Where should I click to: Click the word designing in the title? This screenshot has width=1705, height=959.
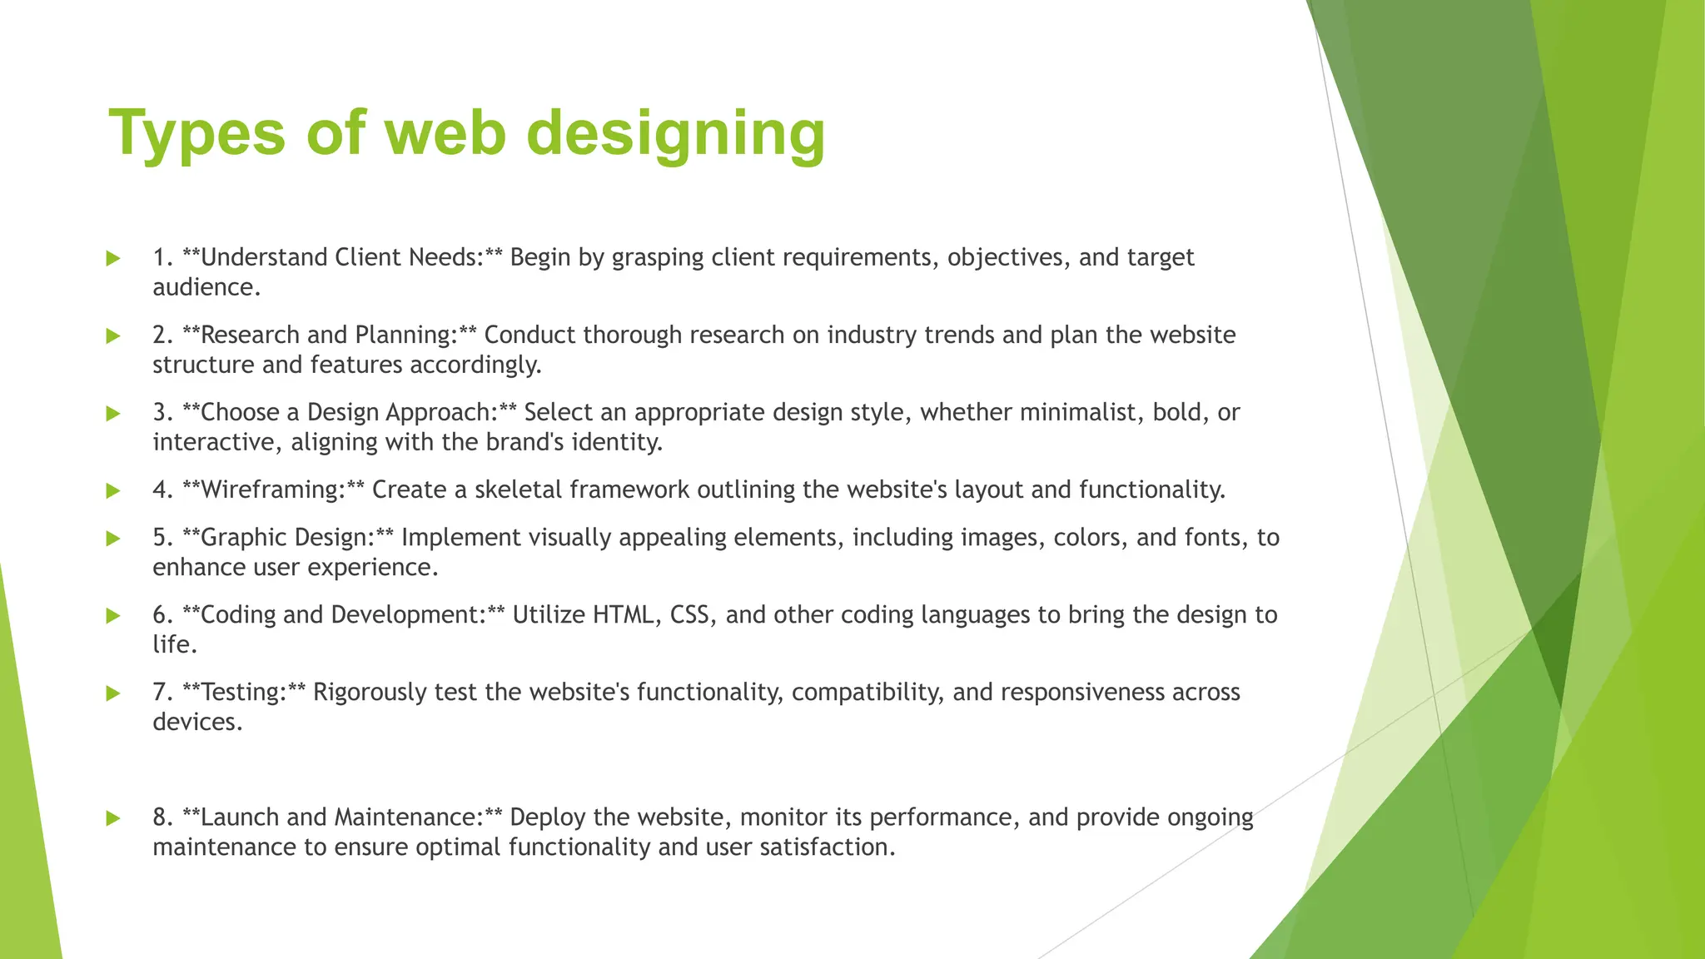[x=675, y=133]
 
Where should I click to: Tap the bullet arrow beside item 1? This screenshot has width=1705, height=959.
[x=114, y=259]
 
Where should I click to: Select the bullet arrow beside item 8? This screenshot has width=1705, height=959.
[x=114, y=818]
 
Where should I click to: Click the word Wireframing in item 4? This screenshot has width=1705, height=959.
[x=272, y=489]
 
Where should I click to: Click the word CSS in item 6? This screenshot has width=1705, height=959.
[x=689, y=615]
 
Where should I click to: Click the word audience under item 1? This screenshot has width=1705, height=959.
[x=206, y=287]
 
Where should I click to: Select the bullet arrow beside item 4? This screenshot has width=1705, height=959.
[x=114, y=491]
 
